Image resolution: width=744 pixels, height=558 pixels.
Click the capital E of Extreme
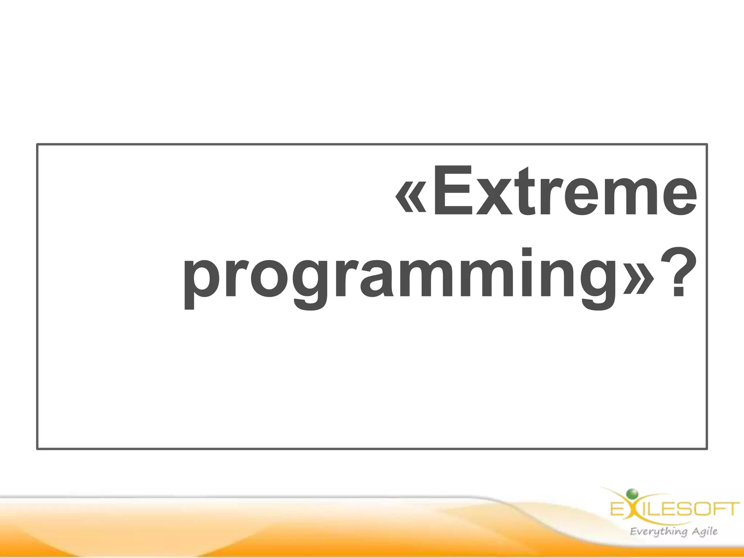[x=452, y=191]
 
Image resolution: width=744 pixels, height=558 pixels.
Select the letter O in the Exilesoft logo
[x=703, y=509]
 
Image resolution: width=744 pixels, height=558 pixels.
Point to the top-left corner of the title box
[x=37, y=145]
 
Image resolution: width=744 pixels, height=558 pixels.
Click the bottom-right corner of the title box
[x=707, y=449]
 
